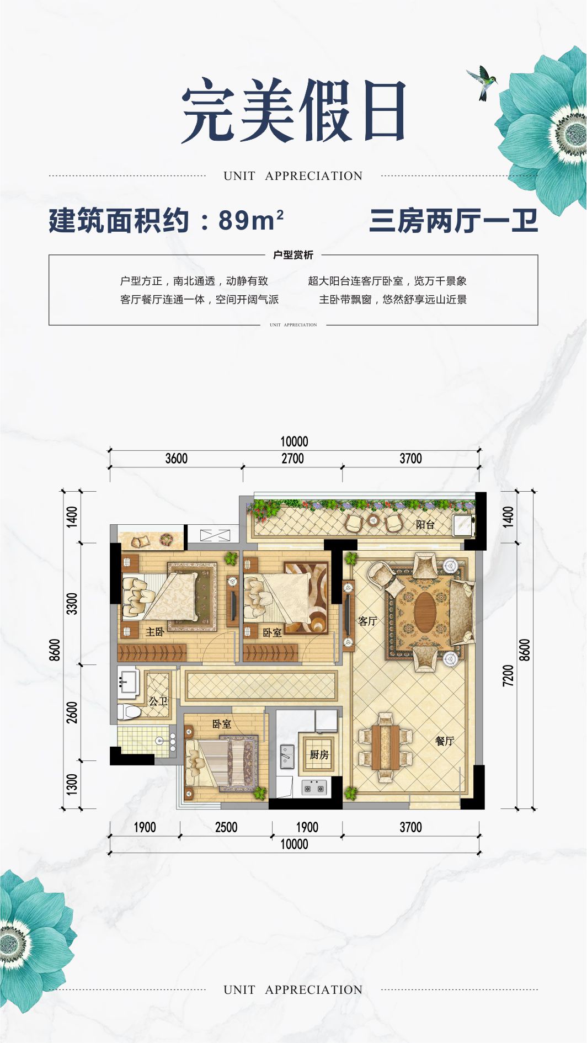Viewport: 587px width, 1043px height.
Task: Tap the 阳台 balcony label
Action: click(425, 524)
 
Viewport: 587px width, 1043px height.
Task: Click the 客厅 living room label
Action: click(367, 621)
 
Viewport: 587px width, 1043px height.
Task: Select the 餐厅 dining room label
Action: click(445, 741)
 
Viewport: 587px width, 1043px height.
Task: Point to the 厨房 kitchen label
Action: click(319, 754)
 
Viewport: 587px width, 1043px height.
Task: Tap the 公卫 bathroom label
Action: click(158, 701)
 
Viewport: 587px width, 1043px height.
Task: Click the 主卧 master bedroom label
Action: click(155, 632)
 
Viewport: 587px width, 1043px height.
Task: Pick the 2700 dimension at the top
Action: click(292, 459)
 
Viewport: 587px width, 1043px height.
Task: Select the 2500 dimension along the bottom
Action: click(226, 827)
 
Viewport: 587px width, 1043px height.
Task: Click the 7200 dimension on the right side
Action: click(508, 675)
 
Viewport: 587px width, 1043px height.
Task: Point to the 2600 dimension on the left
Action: click(72, 712)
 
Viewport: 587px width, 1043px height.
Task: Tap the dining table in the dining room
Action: click(385, 747)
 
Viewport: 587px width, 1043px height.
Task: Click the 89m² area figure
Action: click(251, 220)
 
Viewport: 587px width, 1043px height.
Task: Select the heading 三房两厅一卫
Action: click(453, 221)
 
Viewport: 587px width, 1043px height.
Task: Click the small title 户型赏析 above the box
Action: click(293, 255)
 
